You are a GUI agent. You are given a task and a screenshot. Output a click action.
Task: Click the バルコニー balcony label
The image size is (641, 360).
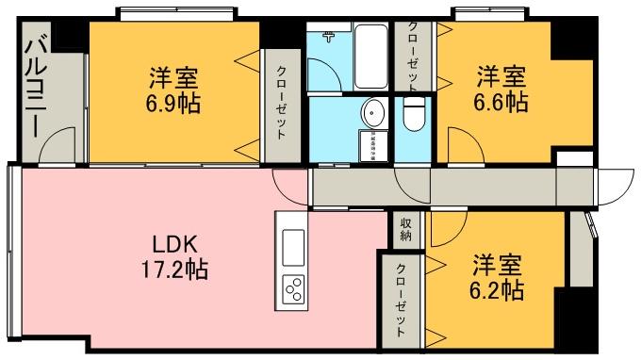41,84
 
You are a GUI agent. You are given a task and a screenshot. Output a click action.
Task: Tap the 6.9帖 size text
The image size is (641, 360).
173,103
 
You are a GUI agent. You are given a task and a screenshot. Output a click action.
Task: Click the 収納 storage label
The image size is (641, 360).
405,230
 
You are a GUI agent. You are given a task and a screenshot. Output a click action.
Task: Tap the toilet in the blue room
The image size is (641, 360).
413,115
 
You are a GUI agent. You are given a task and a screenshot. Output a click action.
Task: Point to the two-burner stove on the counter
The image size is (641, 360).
292,286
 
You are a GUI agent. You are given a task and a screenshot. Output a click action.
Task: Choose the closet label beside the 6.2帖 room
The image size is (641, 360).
402,301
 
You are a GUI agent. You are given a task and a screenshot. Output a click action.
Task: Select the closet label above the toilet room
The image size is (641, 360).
412,57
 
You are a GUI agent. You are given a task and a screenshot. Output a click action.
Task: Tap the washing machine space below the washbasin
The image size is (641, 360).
369,146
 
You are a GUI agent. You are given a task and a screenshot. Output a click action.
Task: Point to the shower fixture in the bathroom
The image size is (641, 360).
329,39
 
